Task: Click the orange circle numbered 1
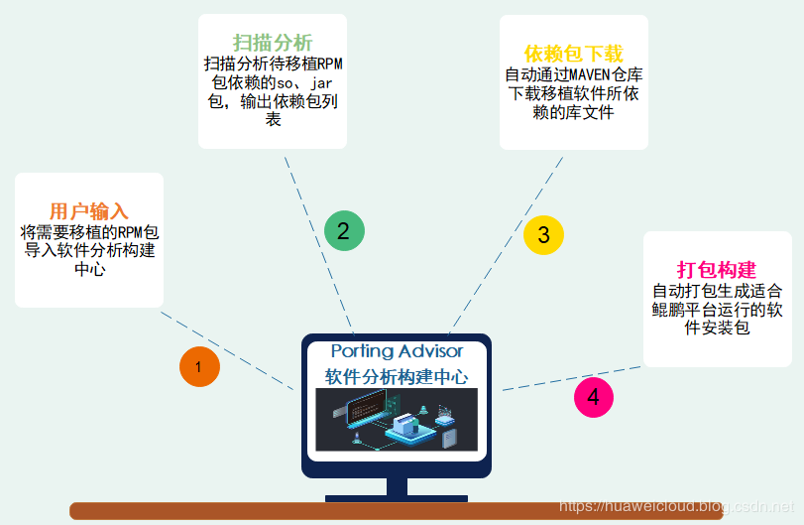click(x=198, y=367)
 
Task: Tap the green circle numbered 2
click(x=344, y=231)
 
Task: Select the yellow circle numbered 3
click(x=543, y=235)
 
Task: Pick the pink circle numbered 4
click(x=594, y=398)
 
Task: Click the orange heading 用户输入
click(x=89, y=211)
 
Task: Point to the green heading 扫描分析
click(x=273, y=43)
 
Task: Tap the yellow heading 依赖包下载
click(x=573, y=53)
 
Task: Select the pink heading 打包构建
click(x=717, y=270)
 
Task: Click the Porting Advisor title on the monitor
click(x=397, y=351)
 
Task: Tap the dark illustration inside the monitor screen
click(x=397, y=420)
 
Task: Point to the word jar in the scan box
click(x=322, y=83)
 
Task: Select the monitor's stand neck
click(x=397, y=486)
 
